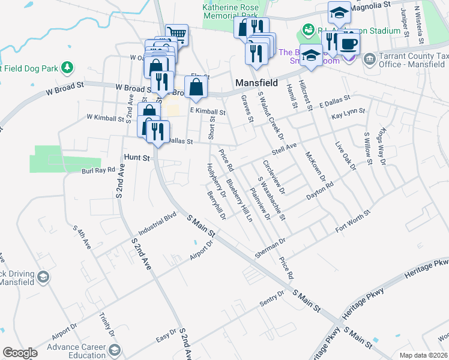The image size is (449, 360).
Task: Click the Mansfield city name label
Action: click(x=256, y=83)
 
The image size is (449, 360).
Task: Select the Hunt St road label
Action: click(x=136, y=157)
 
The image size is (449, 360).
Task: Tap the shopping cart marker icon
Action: click(x=176, y=34)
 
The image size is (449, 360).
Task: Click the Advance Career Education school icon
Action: click(x=112, y=350)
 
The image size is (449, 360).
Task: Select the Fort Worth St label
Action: click(x=354, y=220)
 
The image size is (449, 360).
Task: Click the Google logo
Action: click(x=20, y=353)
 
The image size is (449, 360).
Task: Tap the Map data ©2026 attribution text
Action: click(x=423, y=355)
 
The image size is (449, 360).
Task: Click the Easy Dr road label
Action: click(x=165, y=337)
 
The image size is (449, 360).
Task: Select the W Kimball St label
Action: click(x=105, y=118)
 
